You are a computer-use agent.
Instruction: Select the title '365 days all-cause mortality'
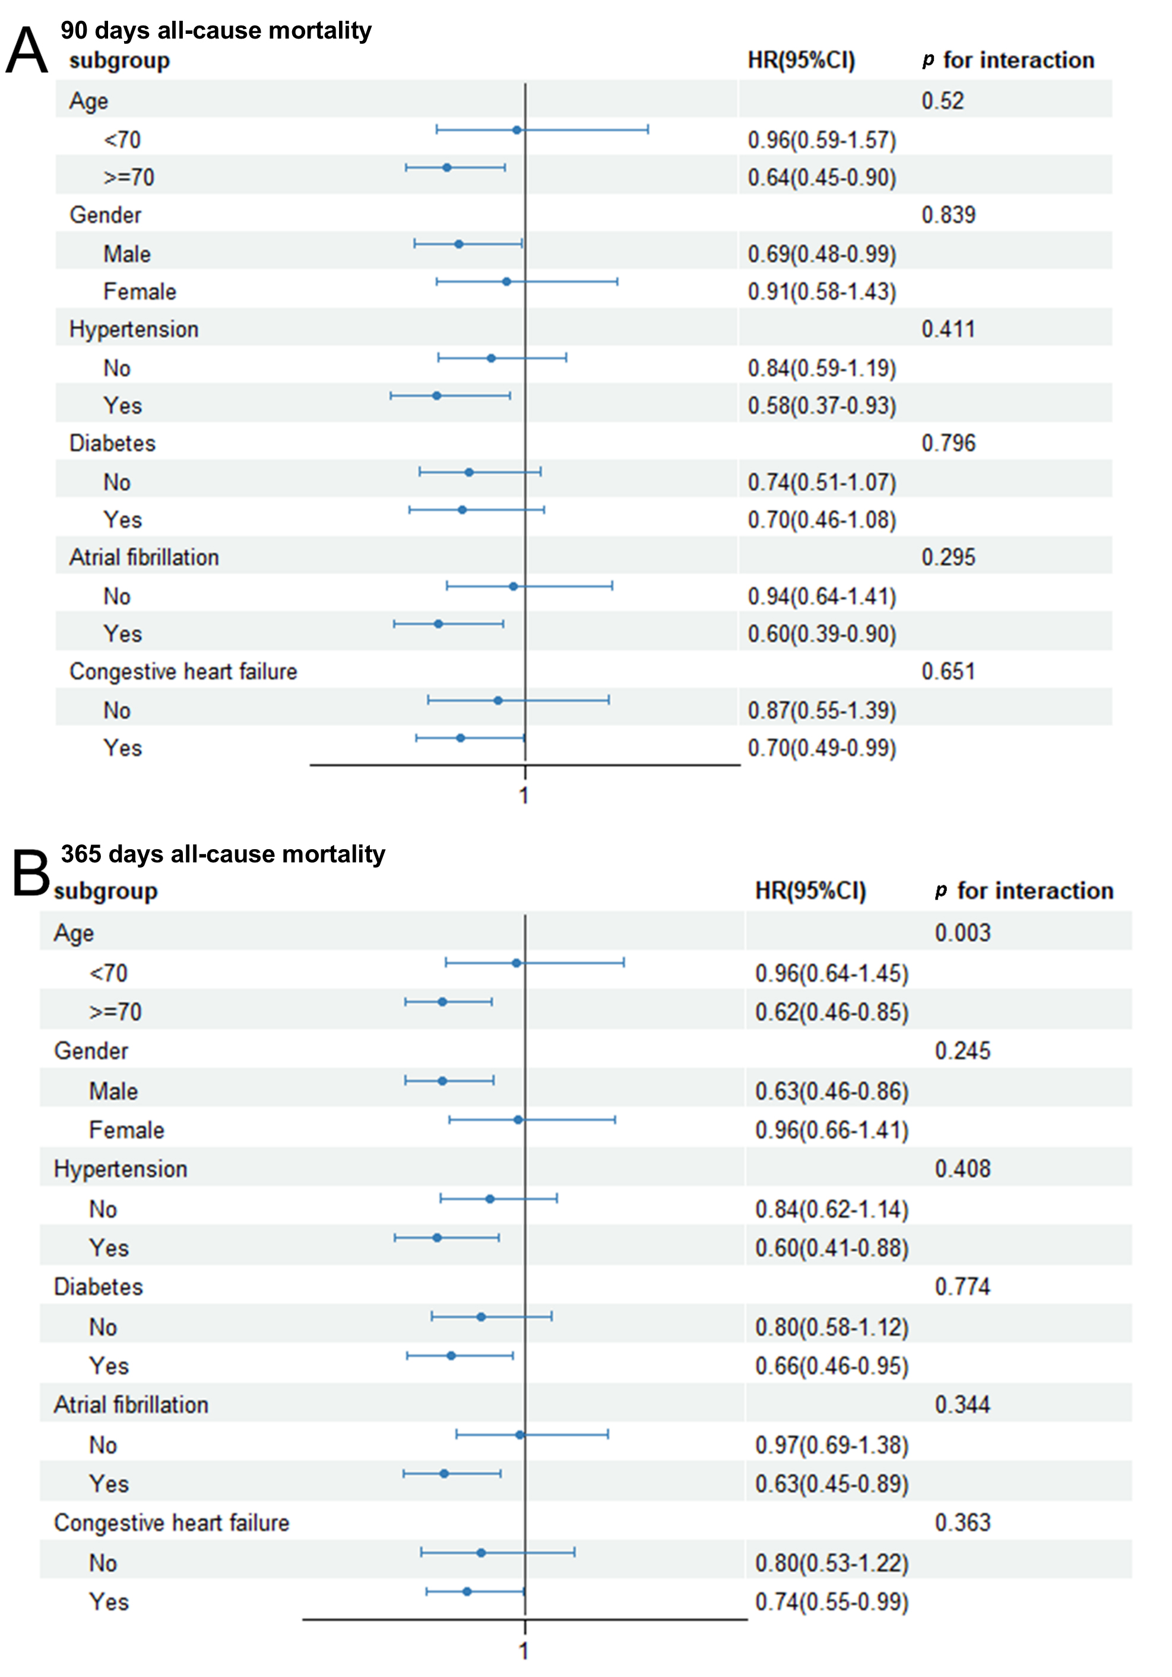(223, 854)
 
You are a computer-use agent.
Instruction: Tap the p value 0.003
(962, 933)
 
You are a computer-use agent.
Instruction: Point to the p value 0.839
(948, 215)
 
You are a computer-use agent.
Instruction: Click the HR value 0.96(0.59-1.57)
(821, 139)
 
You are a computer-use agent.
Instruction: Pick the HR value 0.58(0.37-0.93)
(821, 405)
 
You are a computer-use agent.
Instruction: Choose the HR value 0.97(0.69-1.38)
(832, 1445)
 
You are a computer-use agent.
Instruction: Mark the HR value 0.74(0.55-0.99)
(832, 1602)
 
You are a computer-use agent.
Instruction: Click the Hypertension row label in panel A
(134, 329)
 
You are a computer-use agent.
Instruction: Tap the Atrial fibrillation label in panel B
(131, 1405)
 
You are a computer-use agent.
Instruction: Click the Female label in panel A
(140, 291)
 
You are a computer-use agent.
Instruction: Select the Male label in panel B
(113, 1091)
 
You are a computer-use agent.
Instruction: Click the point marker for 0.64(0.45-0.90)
(447, 167)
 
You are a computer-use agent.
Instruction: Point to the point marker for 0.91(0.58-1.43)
(506, 281)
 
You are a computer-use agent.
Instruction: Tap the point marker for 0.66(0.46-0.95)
(451, 1355)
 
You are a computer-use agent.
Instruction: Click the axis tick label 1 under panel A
(524, 795)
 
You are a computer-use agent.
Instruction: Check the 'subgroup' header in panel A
(119, 61)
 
